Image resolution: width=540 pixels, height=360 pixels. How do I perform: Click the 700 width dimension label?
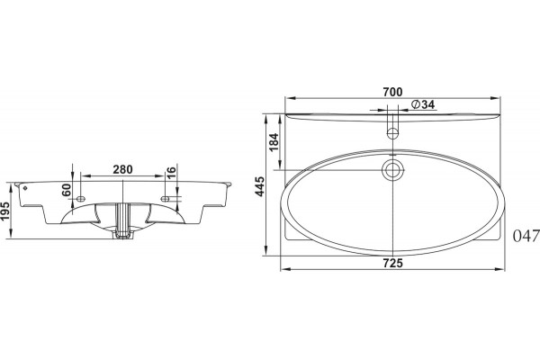click(392, 92)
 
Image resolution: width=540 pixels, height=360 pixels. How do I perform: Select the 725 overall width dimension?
click(392, 263)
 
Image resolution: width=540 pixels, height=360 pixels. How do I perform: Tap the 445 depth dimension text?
click(260, 186)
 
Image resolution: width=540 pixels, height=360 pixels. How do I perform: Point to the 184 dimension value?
click(274, 142)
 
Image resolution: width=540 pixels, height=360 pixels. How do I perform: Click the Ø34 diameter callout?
click(423, 104)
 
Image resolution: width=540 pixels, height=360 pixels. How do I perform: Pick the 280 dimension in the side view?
click(122, 169)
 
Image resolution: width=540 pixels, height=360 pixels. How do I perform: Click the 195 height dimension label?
click(5, 211)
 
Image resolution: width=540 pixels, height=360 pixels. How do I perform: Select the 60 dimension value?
click(67, 190)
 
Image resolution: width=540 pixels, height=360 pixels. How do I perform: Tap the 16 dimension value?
click(171, 171)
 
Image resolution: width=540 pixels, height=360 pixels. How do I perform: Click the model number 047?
click(526, 237)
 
